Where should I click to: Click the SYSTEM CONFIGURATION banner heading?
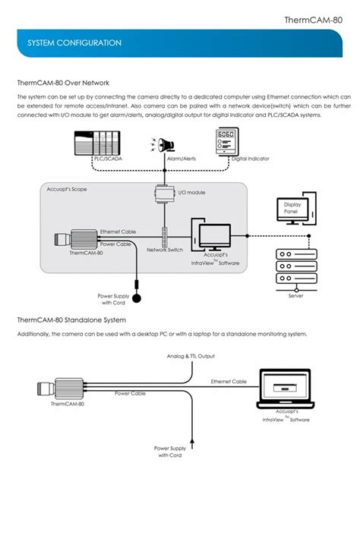[74, 43]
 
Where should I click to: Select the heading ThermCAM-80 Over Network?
[64, 83]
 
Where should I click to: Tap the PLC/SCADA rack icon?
[96, 142]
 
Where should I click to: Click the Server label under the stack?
[295, 296]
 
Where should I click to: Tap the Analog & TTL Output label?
[191, 355]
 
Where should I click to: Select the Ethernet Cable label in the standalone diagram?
[229, 381]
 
